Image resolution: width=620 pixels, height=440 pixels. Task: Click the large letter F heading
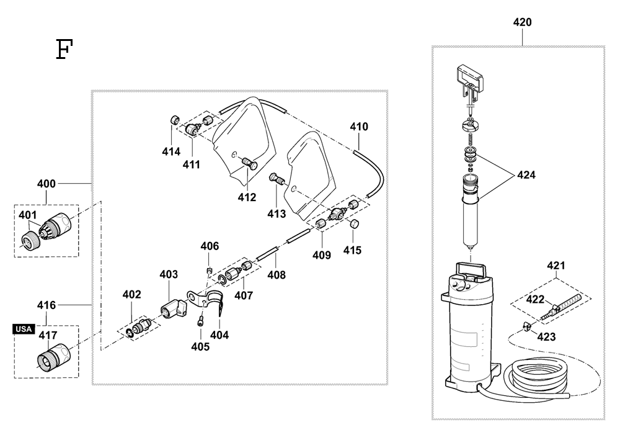point(64,49)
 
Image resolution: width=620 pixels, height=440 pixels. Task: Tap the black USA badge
point(24,329)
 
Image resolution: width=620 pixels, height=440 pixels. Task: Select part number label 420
point(522,22)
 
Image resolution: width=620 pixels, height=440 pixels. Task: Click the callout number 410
point(359,127)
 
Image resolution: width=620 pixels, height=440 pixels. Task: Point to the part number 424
point(526,175)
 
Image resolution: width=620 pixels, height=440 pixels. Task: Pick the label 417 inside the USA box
point(48,336)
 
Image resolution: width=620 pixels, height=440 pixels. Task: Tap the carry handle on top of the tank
point(471,269)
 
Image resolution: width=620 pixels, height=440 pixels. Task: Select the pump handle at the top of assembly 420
point(470,83)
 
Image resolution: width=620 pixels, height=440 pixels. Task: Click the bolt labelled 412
point(249,163)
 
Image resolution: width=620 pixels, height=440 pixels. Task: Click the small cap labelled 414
point(175,120)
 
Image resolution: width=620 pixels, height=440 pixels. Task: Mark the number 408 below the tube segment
point(277,274)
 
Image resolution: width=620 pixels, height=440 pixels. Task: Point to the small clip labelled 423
point(526,326)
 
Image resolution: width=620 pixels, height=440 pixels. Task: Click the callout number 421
point(556,266)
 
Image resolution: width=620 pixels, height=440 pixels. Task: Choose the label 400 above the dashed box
point(46,184)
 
